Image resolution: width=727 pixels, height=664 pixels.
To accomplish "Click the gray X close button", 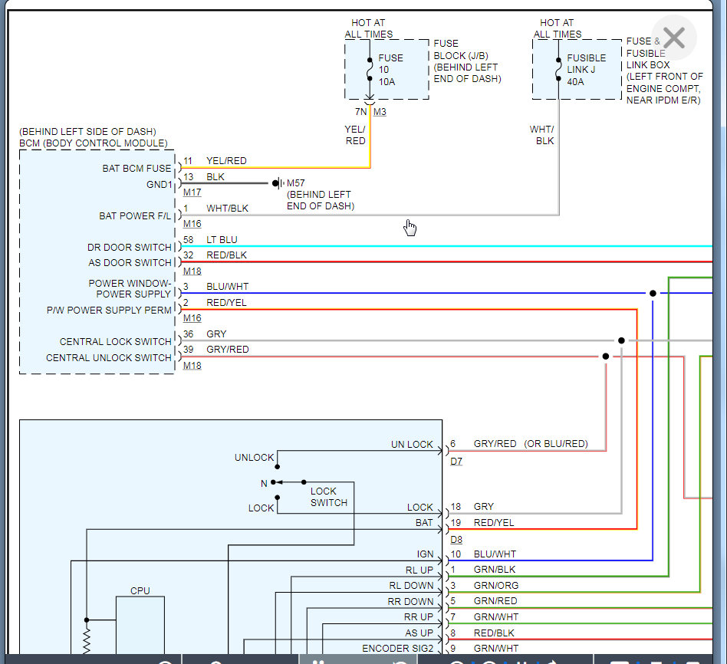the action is (x=674, y=38).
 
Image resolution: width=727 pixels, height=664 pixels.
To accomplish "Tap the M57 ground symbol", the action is (x=278, y=183).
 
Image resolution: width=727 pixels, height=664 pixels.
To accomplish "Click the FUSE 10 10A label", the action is (x=390, y=70).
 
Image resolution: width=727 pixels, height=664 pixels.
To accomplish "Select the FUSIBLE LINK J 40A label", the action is (x=586, y=70).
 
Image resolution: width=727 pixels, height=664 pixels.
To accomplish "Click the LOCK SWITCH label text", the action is (x=329, y=497).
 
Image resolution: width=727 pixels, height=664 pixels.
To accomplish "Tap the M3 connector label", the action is (x=380, y=112).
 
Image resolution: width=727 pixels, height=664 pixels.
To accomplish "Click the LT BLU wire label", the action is (x=222, y=240).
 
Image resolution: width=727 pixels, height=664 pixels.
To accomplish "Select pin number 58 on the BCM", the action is (x=188, y=240).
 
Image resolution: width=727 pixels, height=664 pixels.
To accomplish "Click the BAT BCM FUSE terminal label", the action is (x=137, y=169).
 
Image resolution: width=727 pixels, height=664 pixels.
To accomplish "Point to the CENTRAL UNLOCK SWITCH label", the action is (x=108, y=358).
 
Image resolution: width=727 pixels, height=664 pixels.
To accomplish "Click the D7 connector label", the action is (x=456, y=462).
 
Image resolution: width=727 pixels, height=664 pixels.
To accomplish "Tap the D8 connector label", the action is (x=456, y=540).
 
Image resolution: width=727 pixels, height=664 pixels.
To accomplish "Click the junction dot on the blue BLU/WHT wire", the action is (x=653, y=293).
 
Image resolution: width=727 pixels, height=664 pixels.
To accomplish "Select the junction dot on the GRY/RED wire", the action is (x=606, y=356).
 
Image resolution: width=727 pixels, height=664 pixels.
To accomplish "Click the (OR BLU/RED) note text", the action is (x=556, y=444).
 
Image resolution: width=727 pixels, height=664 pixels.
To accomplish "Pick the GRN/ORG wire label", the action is (x=496, y=586).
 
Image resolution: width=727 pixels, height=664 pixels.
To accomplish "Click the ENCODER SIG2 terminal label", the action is (x=398, y=648).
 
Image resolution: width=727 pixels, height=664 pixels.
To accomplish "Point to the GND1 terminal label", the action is (x=159, y=185).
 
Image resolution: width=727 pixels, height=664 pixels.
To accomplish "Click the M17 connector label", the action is (x=192, y=192).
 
